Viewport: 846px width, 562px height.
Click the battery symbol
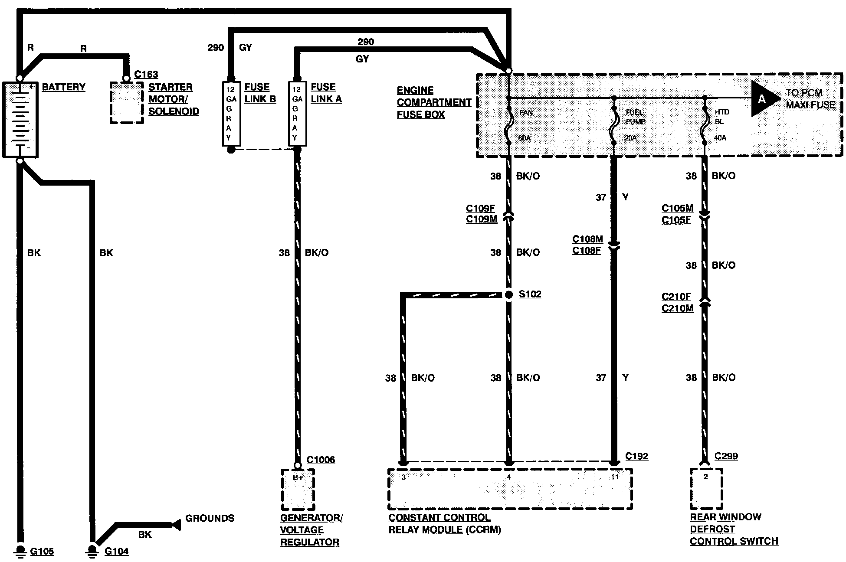pyautogui.click(x=20, y=119)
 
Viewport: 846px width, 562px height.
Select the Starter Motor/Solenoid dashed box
pyautogui.click(x=126, y=103)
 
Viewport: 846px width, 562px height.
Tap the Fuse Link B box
pyautogui.click(x=231, y=114)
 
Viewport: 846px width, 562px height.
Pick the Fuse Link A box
pyautogui.click(x=297, y=114)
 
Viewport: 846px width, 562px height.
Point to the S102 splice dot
pyautogui.click(x=509, y=295)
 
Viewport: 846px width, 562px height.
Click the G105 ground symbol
pyautogui.click(x=20, y=550)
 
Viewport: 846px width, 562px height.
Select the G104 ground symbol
pyautogui.click(x=92, y=550)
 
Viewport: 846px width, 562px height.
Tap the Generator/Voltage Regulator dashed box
pyautogui.click(x=298, y=490)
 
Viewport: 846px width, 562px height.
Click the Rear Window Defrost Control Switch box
pyautogui.click(x=706, y=489)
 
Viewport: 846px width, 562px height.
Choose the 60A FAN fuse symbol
pyautogui.click(x=509, y=126)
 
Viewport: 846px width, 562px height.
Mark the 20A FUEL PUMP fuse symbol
pyautogui.click(x=614, y=126)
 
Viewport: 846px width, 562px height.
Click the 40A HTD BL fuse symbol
pyautogui.click(x=704, y=126)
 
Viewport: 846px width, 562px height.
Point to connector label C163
pyautogui.click(x=146, y=75)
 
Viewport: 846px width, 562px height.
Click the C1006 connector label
pyautogui.click(x=321, y=460)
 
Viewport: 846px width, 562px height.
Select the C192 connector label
pyautogui.click(x=637, y=457)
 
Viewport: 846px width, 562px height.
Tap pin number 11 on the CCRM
pyautogui.click(x=615, y=477)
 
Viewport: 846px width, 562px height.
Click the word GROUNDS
pyautogui.click(x=210, y=519)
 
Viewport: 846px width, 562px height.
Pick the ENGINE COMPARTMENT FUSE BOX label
pyautogui.click(x=434, y=102)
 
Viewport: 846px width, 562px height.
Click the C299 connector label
pyautogui.click(x=726, y=456)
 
